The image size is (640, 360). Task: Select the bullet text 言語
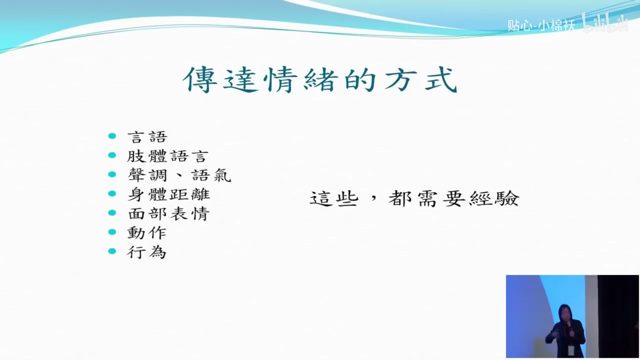(x=147, y=137)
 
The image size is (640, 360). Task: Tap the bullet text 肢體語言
(x=168, y=156)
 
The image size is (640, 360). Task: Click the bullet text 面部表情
(x=169, y=214)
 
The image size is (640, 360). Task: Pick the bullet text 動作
(x=147, y=233)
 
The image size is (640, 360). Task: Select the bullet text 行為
(x=147, y=252)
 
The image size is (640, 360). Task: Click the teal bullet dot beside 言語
(x=112, y=136)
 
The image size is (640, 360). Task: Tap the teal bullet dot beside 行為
(x=112, y=251)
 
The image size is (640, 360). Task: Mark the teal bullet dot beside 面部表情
(x=112, y=213)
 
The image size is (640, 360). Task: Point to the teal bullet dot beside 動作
(x=112, y=232)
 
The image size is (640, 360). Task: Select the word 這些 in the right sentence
(x=334, y=199)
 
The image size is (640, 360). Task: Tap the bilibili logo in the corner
(x=606, y=23)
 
